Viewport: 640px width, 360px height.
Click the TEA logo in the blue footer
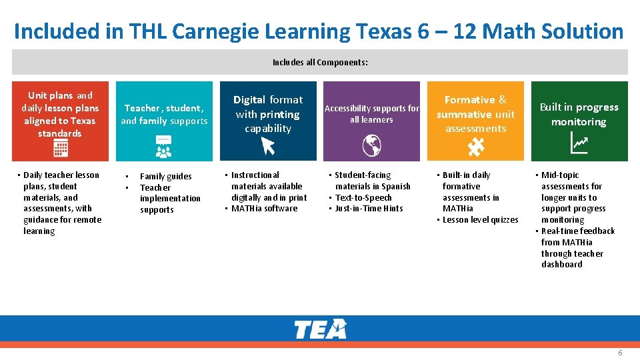320,329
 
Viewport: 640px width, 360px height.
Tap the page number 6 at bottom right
620,353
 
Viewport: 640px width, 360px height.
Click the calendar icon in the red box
61,149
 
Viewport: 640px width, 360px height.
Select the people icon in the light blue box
164,148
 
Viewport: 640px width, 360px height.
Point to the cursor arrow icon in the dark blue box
268,145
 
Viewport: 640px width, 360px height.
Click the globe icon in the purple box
371,144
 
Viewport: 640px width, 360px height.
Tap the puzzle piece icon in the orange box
475,145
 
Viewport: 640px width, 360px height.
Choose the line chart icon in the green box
579,142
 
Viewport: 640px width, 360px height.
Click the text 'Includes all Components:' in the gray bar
320,63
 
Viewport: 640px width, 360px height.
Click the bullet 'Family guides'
165,177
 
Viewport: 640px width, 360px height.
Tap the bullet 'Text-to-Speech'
363,198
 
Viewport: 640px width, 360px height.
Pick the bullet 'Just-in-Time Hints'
369,209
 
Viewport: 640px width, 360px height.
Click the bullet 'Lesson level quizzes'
480,220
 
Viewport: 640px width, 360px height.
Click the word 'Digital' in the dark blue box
249,100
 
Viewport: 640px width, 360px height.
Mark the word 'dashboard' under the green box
561,265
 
